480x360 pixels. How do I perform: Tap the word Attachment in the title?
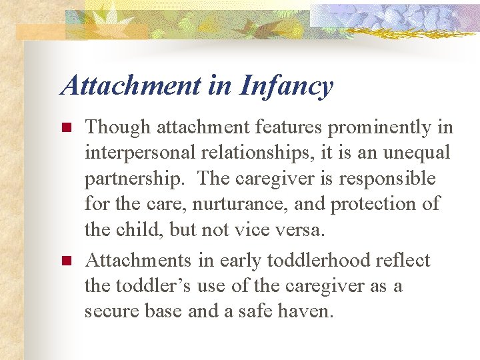click(130, 86)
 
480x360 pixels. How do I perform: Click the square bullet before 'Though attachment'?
click(65, 127)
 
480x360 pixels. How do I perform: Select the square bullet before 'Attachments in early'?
click(65, 261)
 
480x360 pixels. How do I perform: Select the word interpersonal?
click(140, 153)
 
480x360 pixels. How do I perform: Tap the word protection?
click(363, 205)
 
